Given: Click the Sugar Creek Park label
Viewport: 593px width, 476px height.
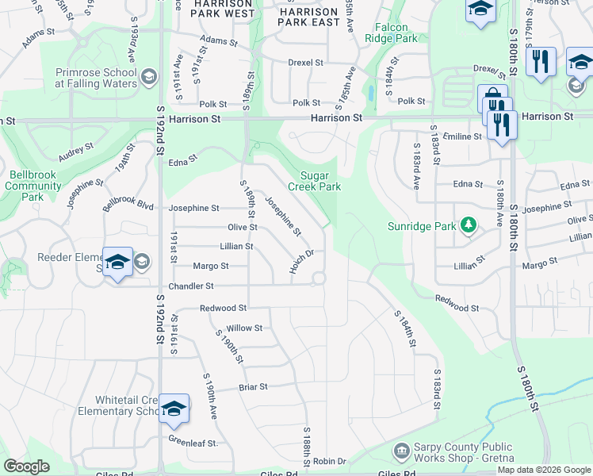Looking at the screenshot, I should [320, 181].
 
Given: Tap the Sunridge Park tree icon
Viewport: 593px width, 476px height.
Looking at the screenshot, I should [469, 226].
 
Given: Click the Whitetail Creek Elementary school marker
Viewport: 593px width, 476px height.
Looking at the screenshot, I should [174, 409].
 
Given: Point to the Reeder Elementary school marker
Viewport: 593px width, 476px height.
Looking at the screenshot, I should [117, 263].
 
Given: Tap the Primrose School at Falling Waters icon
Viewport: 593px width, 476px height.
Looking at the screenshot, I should [148, 78].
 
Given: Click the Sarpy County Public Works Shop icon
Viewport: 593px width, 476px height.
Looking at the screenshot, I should [401, 451].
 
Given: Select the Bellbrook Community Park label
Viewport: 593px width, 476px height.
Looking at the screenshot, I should [33, 186].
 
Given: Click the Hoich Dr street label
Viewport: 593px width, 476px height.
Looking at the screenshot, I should [302, 263].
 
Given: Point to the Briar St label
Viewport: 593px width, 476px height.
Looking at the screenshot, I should [254, 387].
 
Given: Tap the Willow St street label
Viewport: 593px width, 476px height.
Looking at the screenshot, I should [244, 328].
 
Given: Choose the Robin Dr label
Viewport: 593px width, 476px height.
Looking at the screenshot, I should [330, 461].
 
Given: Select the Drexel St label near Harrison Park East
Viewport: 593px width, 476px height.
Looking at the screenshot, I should [306, 62].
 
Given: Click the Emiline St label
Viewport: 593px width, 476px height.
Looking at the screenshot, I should [462, 136].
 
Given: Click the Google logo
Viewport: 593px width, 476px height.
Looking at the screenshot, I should [27, 466].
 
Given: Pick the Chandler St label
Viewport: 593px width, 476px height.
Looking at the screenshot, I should [190, 286].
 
